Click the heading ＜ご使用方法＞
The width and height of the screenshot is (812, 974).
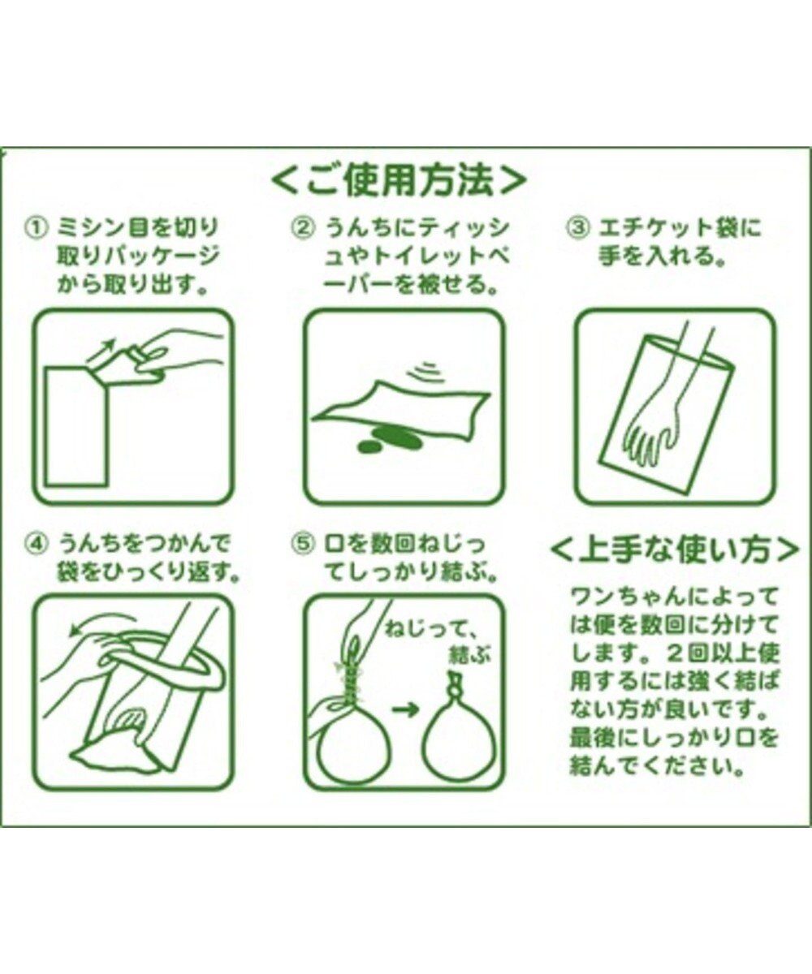coord(399,179)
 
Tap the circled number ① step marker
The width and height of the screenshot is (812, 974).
coord(37,229)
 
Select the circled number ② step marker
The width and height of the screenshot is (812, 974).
coord(304,229)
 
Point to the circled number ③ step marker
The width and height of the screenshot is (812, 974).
coord(577,229)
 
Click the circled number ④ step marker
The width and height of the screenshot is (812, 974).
coord(37,545)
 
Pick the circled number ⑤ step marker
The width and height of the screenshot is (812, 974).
coord(304,545)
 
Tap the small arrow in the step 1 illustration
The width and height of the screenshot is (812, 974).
coord(99,351)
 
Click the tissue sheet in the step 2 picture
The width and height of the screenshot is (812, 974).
coord(401,408)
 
